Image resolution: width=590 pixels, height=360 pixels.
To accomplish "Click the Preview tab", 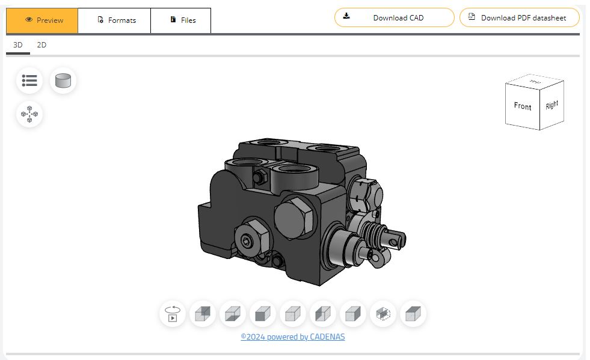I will pyautogui.click(x=42, y=20).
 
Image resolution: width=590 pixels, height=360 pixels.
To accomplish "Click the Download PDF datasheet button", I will pyautogui.click(x=519, y=17).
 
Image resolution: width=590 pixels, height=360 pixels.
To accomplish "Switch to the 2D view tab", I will pyautogui.click(x=41, y=45).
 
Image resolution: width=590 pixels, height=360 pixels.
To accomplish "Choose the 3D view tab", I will pyautogui.click(x=18, y=45).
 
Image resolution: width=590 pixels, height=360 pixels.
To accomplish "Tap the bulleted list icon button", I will pyautogui.click(x=29, y=80).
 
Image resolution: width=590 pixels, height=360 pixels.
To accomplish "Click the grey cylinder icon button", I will pyautogui.click(x=63, y=80).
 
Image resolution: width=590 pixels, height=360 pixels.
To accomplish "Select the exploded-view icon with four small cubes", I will pyautogui.click(x=29, y=114).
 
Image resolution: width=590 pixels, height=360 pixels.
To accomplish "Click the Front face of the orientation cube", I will pyautogui.click(x=522, y=106).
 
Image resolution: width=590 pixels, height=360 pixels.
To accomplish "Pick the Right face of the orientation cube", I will pyautogui.click(x=552, y=105).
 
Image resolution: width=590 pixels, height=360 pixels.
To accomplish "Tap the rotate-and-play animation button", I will pyautogui.click(x=173, y=314).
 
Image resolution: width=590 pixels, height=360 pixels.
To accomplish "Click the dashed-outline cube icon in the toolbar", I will pyautogui.click(x=383, y=314).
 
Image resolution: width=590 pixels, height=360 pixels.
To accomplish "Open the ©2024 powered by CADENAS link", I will pyautogui.click(x=293, y=337).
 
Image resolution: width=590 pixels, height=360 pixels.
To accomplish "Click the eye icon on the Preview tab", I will pyautogui.click(x=28, y=20).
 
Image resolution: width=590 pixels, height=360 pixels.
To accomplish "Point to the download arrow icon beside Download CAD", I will pyautogui.click(x=346, y=16).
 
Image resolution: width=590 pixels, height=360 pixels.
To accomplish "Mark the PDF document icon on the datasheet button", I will pyautogui.click(x=472, y=17).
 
